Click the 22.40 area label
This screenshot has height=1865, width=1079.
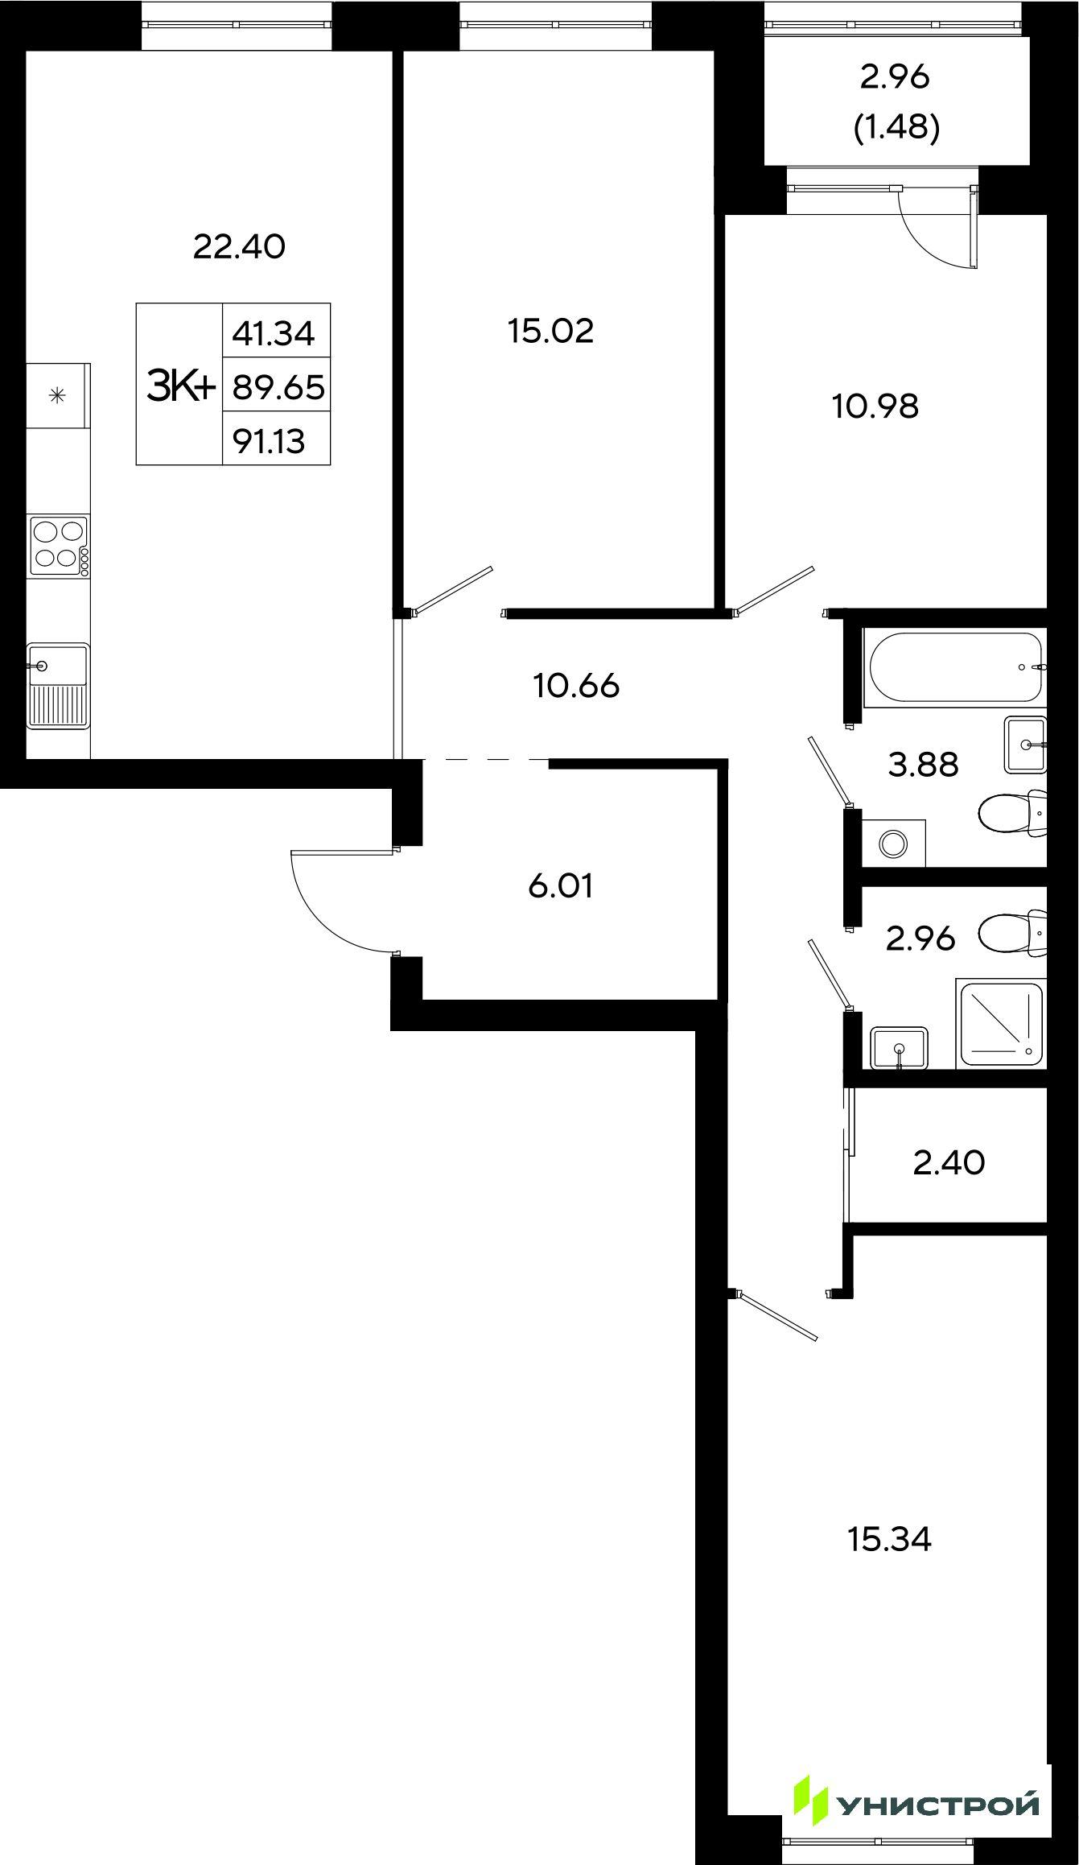[x=239, y=246]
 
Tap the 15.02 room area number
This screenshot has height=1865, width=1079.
[x=550, y=331]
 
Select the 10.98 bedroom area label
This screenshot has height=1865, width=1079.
[x=875, y=406]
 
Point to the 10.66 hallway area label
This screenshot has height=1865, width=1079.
[x=576, y=686]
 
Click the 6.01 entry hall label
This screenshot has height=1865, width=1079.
[x=561, y=886]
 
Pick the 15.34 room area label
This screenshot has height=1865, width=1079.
[x=889, y=1539]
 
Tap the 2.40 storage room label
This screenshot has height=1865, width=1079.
[x=949, y=1162]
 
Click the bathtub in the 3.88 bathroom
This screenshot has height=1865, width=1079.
[x=954, y=668]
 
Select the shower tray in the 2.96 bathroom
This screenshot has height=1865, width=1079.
[x=1000, y=1024]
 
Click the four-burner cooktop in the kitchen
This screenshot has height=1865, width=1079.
[x=59, y=546]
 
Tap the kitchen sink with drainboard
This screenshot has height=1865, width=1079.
[x=58, y=686]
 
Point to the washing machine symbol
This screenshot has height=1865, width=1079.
[x=892, y=844]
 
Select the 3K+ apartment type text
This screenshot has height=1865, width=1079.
[x=180, y=386]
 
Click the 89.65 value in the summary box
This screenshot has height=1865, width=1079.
[x=278, y=388]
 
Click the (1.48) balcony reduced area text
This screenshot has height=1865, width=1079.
[x=896, y=128]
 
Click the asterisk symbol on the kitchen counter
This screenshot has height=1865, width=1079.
[x=57, y=395]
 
